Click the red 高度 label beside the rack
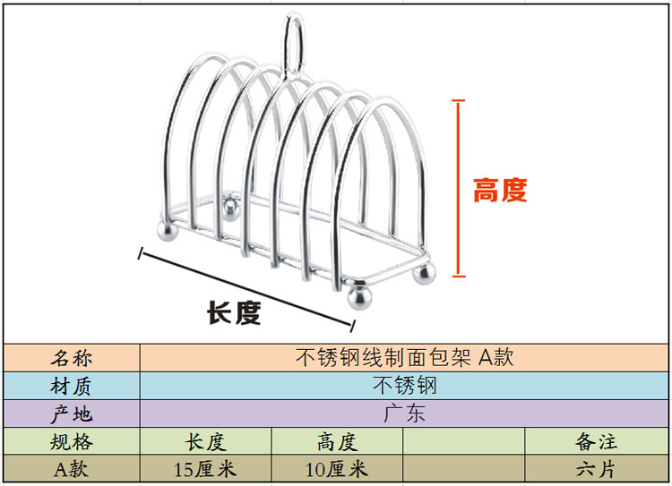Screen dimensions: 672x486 click(x=500, y=190)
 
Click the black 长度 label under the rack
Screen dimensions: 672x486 click(x=234, y=312)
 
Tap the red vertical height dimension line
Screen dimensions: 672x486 click(x=458, y=189)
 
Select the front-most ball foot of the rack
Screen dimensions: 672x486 click(x=359, y=296)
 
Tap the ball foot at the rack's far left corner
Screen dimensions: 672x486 click(x=168, y=230)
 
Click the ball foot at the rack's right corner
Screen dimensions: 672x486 click(x=425, y=273)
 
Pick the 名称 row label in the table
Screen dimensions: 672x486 click(x=71, y=358)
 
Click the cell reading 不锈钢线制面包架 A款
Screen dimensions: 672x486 click(x=404, y=357)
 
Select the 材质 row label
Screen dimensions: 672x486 click(x=71, y=387)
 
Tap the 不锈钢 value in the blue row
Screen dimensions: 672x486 click(x=404, y=386)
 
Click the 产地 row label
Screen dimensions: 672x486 click(x=71, y=414)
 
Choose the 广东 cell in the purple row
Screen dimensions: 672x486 click(x=404, y=414)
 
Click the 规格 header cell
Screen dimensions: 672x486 click(x=71, y=441)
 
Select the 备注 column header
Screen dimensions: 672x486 click(x=596, y=441)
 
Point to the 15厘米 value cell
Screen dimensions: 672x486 click(x=205, y=469)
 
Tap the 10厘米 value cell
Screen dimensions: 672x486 click(x=336, y=469)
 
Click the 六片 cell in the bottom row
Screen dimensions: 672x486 click(x=596, y=469)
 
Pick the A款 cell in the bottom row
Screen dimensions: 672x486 click(x=71, y=469)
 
